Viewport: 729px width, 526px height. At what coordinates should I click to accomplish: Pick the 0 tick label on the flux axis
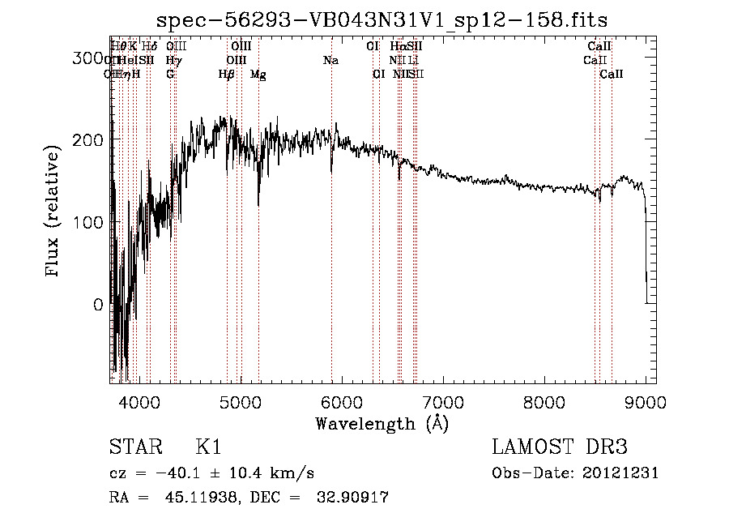[99, 305]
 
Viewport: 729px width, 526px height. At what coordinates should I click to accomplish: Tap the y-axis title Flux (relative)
[53, 212]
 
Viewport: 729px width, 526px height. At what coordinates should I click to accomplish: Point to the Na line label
[330, 61]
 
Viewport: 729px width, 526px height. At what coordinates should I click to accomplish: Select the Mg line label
[258, 75]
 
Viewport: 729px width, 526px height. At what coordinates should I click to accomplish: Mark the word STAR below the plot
[134, 447]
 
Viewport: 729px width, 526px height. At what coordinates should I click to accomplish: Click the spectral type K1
[208, 447]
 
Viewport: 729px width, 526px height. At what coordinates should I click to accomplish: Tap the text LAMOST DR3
[560, 447]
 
